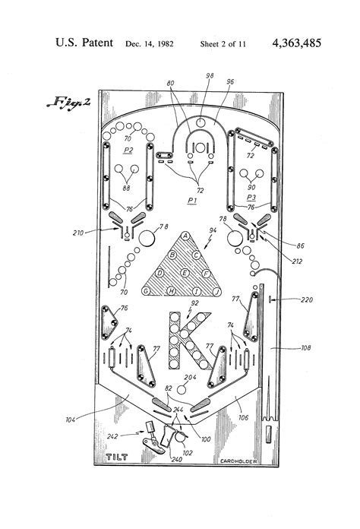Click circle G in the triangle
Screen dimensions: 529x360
click(x=145, y=290)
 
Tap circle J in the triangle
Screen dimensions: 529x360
click(x=216, y=291)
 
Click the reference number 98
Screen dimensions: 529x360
click(x=210, y=76)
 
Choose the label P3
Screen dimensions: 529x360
click(x=250, y=196)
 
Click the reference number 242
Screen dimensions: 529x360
click(x=112, y=436)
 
